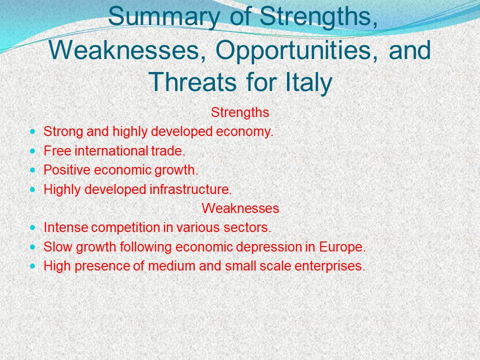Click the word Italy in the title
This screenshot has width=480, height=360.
coord(308,82)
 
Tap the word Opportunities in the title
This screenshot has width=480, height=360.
coord(293,50)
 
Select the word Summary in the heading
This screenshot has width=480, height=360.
coord(164,17)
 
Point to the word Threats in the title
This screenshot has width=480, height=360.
coord(192,81)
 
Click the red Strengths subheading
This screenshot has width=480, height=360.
coord(240,112)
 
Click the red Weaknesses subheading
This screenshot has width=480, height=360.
coord(240,208)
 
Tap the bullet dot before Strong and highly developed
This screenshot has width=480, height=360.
coord(33,132)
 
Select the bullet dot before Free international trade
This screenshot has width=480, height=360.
coord(33,151)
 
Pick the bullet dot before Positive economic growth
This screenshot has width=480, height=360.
coord(33,170)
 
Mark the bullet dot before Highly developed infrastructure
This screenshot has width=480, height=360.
coord(33,189)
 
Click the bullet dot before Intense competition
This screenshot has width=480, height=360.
coord(33,228)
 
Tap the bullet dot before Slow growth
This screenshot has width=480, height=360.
coord(33,247)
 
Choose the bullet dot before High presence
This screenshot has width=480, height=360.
coord(33,266)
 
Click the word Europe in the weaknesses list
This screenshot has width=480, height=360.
coord(342,247)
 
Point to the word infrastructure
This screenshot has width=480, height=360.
coord(190,189)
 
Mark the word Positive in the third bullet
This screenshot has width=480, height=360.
coord(67,170)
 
